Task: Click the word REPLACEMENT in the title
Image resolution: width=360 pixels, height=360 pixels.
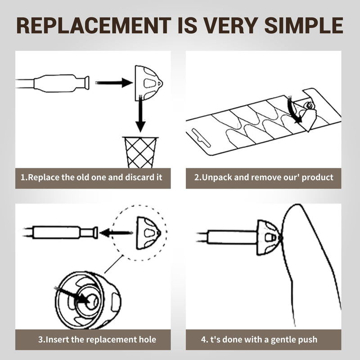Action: [x=94, y=25]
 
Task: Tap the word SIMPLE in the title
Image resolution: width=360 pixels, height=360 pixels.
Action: [x=304, y=25]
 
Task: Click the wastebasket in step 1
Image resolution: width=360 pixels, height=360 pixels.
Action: [x=140, y=152]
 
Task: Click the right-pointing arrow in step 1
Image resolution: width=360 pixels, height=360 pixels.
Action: [x=114, y=83]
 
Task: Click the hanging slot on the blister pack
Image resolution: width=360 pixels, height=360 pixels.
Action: [x=201, y=138]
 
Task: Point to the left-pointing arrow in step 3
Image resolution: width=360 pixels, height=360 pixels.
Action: [x=117, y=233]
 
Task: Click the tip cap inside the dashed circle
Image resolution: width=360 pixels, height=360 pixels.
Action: [x=148, y=233]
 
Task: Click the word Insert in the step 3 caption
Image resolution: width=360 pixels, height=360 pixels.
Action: [x=58, y=340]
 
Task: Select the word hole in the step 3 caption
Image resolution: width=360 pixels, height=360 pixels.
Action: [x=148, y=340]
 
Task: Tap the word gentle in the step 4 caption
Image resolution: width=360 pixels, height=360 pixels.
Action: [x=283, y=340]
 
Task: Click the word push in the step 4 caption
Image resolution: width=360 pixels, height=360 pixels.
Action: [x=307, y=340]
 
